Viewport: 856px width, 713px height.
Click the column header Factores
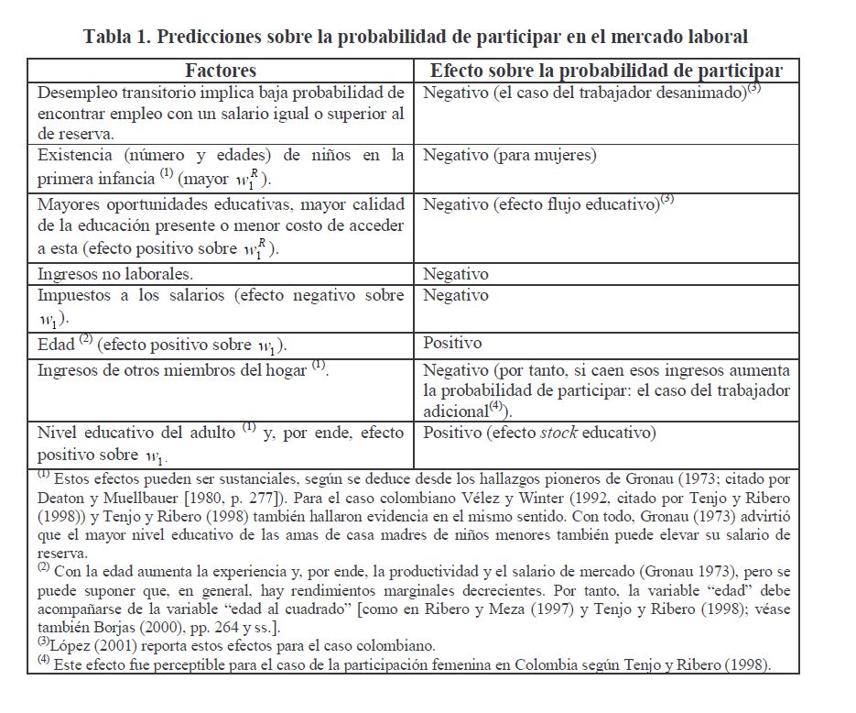221,71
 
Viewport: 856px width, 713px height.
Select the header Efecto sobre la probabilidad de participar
606,71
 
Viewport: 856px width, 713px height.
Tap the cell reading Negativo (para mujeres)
509,155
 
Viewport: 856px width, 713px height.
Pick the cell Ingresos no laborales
115,274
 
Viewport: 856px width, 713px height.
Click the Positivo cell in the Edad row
452,344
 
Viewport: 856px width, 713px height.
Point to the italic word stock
558,433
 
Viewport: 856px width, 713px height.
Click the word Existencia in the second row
75,155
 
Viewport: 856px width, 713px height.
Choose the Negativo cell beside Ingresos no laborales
456,274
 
